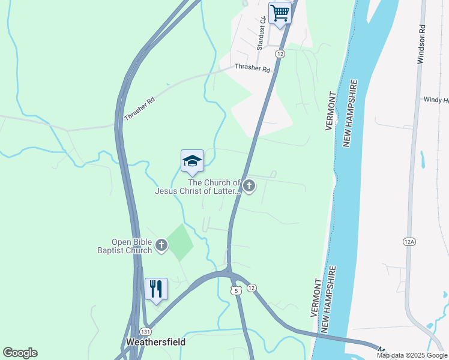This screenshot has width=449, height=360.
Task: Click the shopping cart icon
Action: coord(280,13)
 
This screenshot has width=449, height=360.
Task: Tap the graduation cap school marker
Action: coord(192,161)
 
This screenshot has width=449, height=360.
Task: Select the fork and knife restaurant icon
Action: coord(156,289)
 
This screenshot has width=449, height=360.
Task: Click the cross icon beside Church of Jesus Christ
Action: coord(249,187)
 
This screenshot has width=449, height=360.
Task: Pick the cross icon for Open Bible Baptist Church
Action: coord(161,245)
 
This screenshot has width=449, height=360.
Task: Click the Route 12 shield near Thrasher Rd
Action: coord(280,54)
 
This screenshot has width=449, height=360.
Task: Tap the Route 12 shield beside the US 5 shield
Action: coord(252,288)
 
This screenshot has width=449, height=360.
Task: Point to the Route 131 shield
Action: coord(145,331)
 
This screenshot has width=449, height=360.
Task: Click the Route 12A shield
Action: coord(409,241)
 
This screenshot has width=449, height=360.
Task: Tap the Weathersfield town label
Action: coord(155,342)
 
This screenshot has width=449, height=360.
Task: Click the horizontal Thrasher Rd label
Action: coord(252,68)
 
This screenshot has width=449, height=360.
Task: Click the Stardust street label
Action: coord(261,33)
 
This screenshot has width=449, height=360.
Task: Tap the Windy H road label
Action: coord(436,100)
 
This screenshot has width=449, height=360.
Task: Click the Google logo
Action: coord(20,353)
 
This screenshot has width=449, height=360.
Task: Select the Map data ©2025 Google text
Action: coord(412,355)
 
